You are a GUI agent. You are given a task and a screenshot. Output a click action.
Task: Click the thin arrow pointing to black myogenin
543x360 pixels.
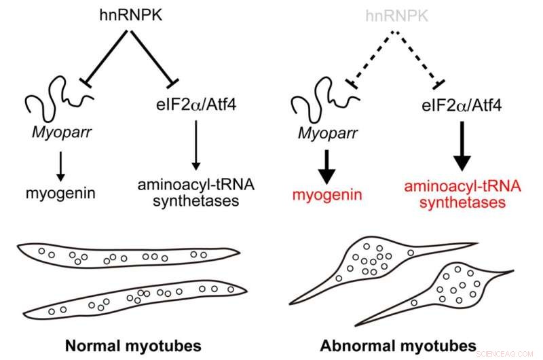(x=59, y=164)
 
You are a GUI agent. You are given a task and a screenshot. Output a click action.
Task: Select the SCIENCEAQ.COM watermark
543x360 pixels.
(x=508, y=353)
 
